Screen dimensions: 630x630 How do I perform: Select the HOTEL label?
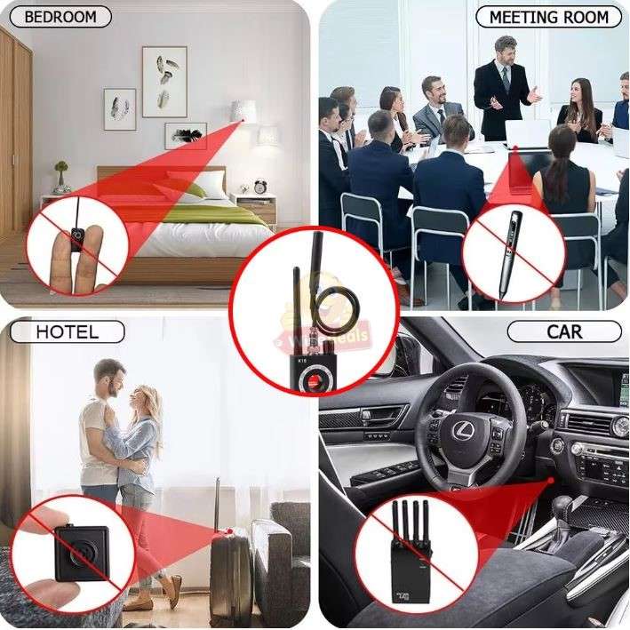pos(67,332)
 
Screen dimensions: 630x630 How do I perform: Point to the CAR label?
pos(564,332)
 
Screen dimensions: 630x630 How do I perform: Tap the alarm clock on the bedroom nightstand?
pos(260,187)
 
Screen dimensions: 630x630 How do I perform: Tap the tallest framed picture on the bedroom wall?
pos(164,82)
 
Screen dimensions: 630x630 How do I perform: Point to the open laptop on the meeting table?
pos(529,135)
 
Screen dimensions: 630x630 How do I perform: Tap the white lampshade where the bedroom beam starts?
pos(243,112)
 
